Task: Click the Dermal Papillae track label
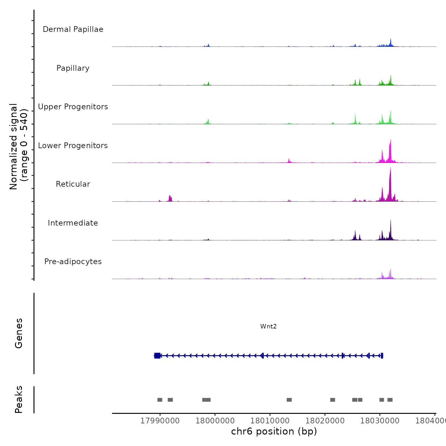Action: click(73, 29)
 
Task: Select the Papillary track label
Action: click(73, 68)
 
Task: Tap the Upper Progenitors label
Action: click(73, 107)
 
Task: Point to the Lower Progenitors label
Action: click(73, 146)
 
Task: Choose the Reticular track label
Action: click(73, 184)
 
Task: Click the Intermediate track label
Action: click(73, 223)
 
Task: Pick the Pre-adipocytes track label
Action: click(73, 262)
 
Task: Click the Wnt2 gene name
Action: click(268, 327)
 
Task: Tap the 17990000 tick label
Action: click(160, 421)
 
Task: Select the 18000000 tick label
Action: click(215, 421)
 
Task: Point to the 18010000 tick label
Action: click(270, 421)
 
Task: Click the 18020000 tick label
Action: click(325, 421)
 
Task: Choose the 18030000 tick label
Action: click(380, 421)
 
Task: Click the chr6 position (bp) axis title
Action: click(274, 431)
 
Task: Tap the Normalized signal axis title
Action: click(18, 146)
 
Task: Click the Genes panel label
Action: click(19, 333)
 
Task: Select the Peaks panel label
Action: click(19, 399)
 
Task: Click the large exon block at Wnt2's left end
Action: click(157, 356)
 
